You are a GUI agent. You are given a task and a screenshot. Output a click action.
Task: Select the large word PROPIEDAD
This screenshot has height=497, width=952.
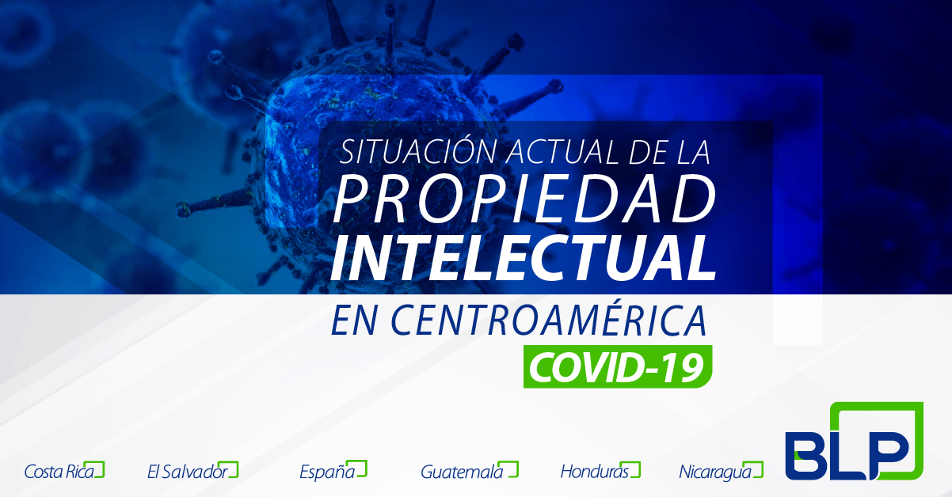(524, 199)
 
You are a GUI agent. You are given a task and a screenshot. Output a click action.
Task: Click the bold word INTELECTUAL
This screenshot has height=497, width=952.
(524, 258)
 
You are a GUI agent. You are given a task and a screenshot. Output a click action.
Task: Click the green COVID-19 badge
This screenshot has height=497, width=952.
(618, 366)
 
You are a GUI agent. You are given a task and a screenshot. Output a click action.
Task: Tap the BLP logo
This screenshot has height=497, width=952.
(855, 441)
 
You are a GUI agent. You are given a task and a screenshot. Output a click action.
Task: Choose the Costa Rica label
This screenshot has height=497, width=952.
(59, 472)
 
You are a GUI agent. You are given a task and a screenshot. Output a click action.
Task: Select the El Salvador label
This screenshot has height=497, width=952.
(188, 472)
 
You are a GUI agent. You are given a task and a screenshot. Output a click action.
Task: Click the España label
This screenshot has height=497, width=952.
(327, 472)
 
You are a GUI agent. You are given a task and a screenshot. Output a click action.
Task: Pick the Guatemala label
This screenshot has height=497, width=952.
(462, 472)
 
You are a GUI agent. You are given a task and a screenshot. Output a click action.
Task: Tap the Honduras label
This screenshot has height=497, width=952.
(595, 472)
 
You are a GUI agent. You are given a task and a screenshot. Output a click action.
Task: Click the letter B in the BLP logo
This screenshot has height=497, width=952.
(809, 456)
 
